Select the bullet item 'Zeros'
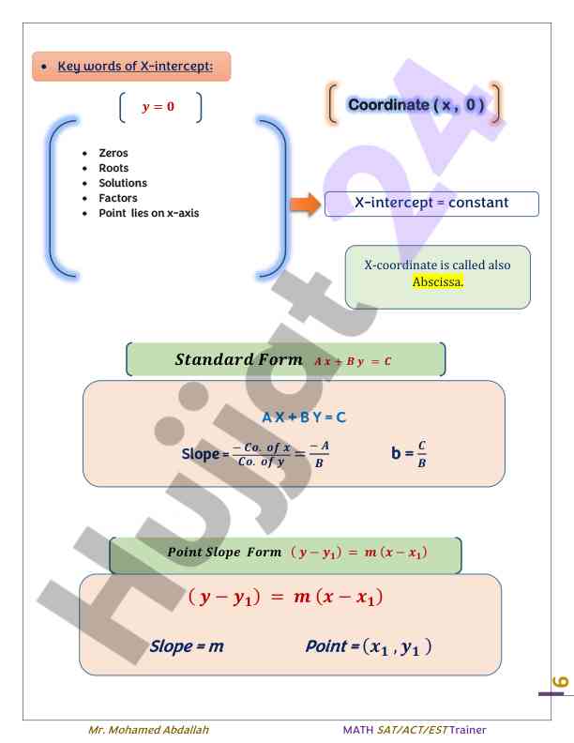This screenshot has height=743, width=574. tap(114, 153)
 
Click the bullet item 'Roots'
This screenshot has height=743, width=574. tap(114, 168)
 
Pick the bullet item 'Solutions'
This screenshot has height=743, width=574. tap(123, 183)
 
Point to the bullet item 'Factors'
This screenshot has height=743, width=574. tap(118, 198)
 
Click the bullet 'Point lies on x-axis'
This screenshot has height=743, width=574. tap(148, 213)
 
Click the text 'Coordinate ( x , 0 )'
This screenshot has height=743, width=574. tap(415, 105)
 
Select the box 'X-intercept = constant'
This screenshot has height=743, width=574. tap(431, 204)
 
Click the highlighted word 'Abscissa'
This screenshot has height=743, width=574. tap(437, 281)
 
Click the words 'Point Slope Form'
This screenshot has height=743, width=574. tap(224, 552)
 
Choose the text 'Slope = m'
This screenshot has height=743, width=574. tap(187, 646)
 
